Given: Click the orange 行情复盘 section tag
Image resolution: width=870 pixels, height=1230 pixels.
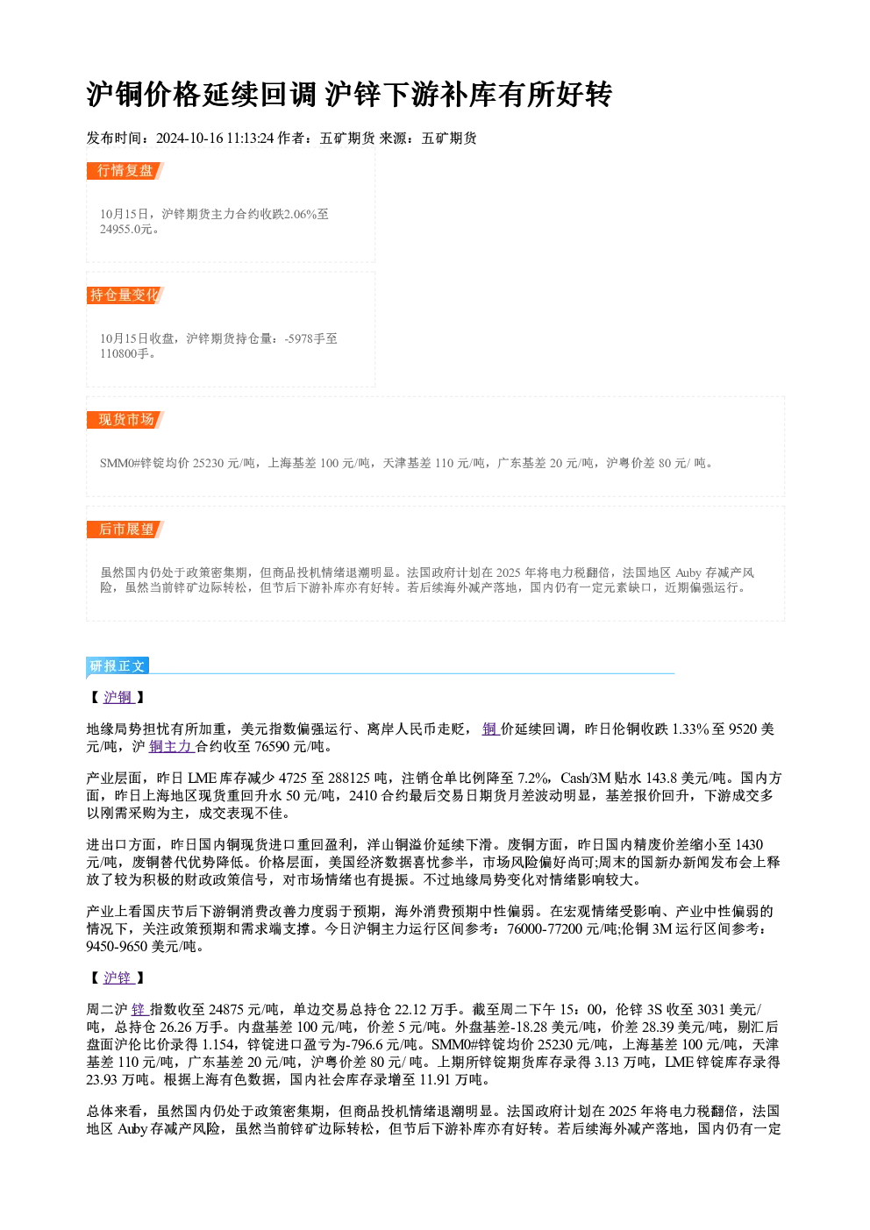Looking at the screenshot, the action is point(125,171).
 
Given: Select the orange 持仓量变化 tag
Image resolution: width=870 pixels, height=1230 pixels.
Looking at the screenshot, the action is point(125,295).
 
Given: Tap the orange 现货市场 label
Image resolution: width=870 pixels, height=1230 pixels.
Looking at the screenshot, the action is point(125,420).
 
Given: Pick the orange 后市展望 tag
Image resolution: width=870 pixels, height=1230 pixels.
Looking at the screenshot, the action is point(125,530).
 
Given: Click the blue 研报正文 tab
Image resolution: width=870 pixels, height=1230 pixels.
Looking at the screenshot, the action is point(118,666).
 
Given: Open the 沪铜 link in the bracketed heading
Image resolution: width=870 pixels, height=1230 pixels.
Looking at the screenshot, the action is point(118,697).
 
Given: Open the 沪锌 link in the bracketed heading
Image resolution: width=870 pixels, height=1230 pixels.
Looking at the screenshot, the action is point(118,978).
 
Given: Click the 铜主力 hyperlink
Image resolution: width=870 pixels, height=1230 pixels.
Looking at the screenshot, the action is point(171,747).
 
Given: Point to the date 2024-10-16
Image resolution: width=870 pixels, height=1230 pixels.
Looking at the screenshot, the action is point(189,139).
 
